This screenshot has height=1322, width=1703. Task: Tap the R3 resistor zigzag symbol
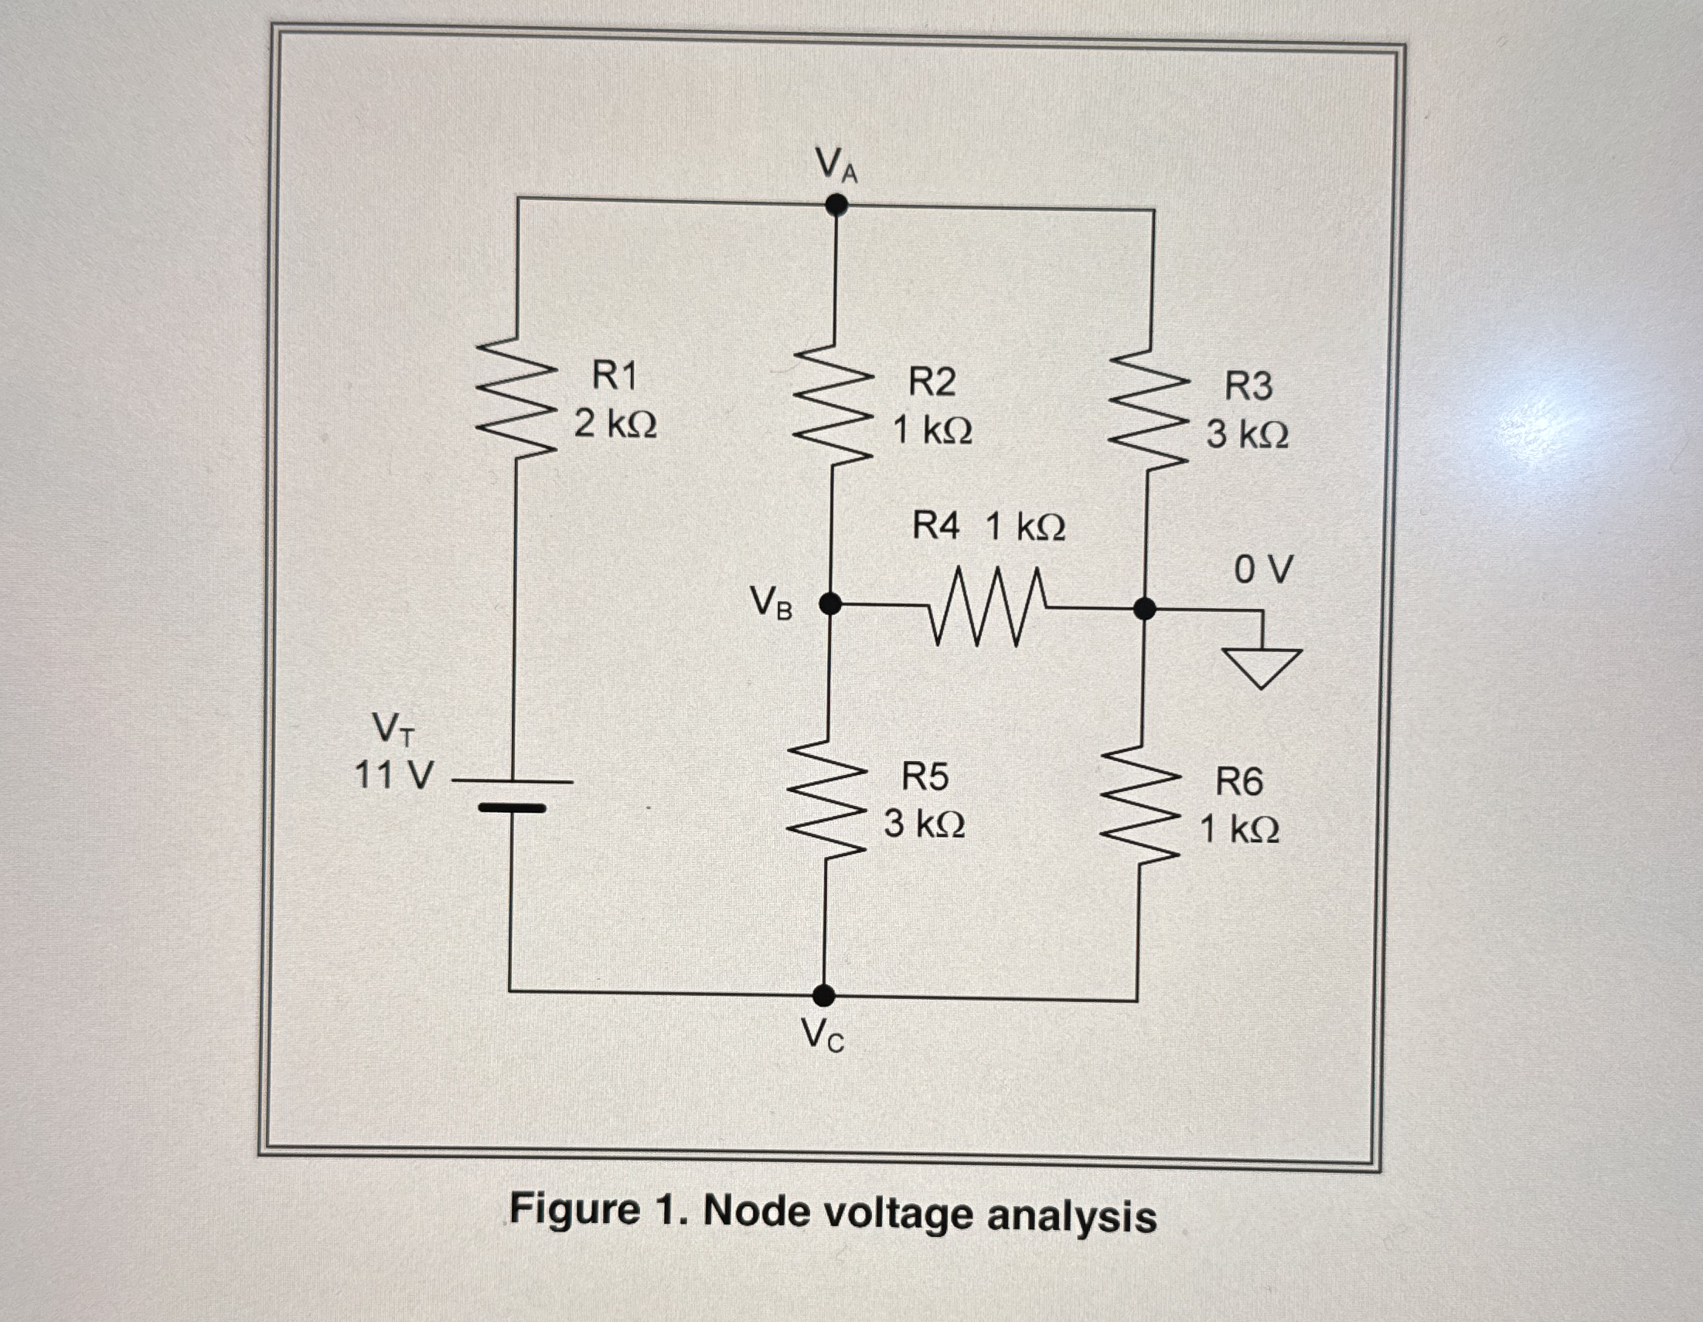coord(1150,408)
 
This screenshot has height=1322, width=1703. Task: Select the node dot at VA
coord(836,204)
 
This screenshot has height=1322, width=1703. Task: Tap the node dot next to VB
coord(831,603)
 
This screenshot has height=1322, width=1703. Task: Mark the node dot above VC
coord(824,995)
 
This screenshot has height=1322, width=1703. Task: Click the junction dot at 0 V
coord(1144,608)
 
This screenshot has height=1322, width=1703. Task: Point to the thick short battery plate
coord(512,808)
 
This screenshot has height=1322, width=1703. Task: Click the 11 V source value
coord(393,776)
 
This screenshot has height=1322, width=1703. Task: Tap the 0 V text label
coord(1263,569)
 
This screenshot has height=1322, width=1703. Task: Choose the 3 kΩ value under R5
coord(925,824)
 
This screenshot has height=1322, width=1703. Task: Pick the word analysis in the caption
coord(1071,1216)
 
